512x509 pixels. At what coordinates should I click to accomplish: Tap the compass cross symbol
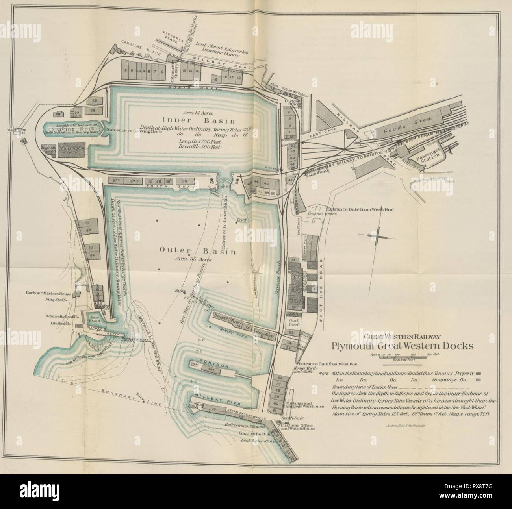(377, 236)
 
